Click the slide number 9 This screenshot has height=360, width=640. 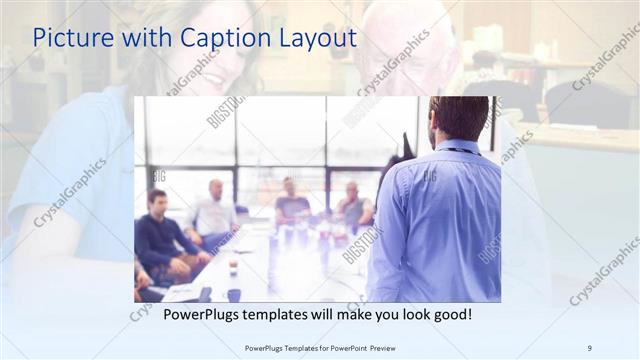pyautogui.click(x=590, y=347)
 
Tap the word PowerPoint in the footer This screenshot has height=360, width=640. pyautogui.click(x=349, y=347)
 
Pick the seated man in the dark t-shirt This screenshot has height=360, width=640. pyautogui.click(x=291, y=204)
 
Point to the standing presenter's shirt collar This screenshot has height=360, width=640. pyautogui.click(x=458, y=147)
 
